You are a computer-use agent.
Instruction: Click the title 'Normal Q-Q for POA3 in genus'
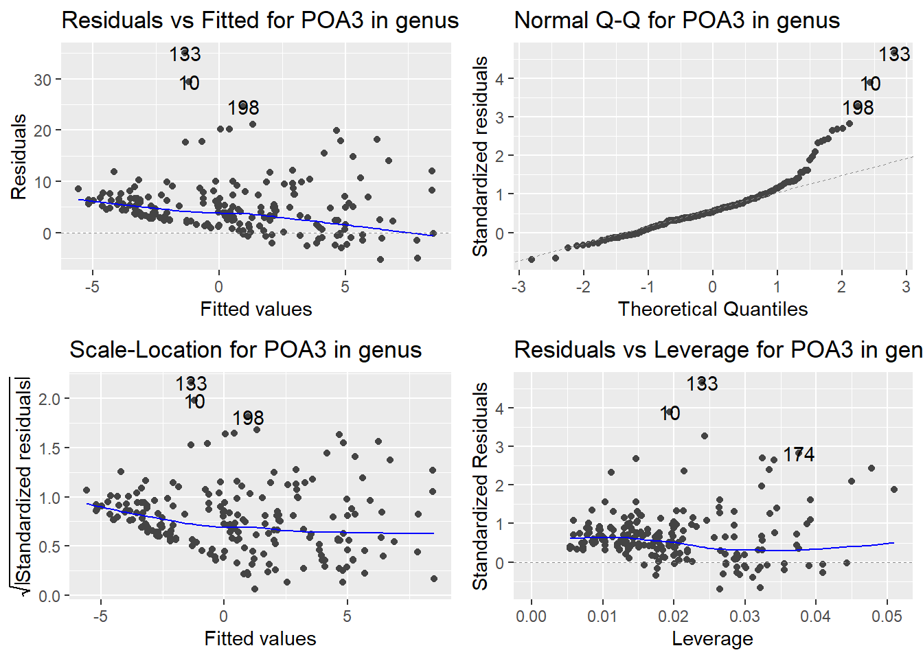(x=676, y=21)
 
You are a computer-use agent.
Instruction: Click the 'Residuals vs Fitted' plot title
(x=260, y=21)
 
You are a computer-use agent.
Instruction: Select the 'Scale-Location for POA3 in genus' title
(x=245, y=350)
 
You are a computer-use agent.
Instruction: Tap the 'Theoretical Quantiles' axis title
(x=712, y=309)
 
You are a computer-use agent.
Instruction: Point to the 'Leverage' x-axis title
(x=712, y=638)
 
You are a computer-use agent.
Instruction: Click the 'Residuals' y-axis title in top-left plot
(x=19, y=157)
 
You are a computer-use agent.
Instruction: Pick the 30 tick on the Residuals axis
(x=43, y=80)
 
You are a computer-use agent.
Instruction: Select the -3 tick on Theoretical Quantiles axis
(x=519, y=287)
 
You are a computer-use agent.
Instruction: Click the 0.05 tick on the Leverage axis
(x=887, y=616)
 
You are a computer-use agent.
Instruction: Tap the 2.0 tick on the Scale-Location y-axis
(x=49, y=399)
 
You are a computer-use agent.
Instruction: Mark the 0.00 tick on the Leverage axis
(x=531, y=616)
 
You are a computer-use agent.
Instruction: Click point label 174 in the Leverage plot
(x=799, y=454)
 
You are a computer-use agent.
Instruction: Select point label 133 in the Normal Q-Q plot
(x=894, y=54)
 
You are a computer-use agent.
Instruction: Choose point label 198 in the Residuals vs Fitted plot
(x=243, y=108)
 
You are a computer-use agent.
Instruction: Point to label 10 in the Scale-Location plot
(x=194, y=402)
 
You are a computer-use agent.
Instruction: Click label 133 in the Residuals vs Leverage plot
(x=702, y=384)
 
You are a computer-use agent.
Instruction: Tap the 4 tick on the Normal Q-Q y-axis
(x=500, y=79)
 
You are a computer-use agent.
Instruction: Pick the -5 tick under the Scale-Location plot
(x=100, y=616)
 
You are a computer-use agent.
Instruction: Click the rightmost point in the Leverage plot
(x=894, y=489)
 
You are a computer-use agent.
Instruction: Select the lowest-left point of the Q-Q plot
(x=531, y=259)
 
